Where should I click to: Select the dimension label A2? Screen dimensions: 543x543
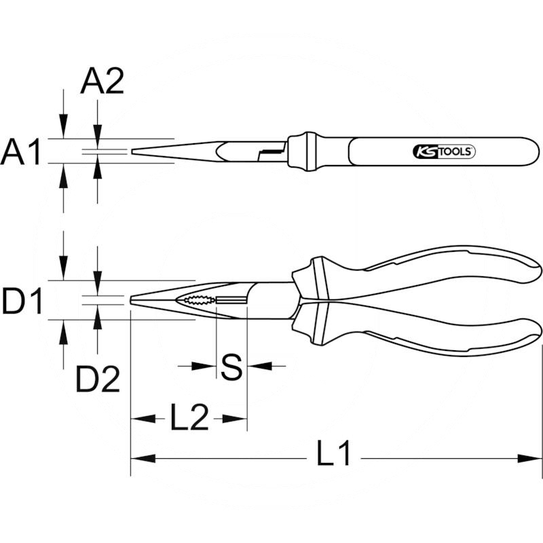(x=102, y=82)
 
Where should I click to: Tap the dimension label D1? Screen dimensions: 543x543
(x=21, y=301)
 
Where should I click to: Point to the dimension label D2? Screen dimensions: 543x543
(x=97, y=380)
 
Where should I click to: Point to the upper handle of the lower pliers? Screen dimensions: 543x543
(x=434, y=266)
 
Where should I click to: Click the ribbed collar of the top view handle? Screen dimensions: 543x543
(x=301, y=151)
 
